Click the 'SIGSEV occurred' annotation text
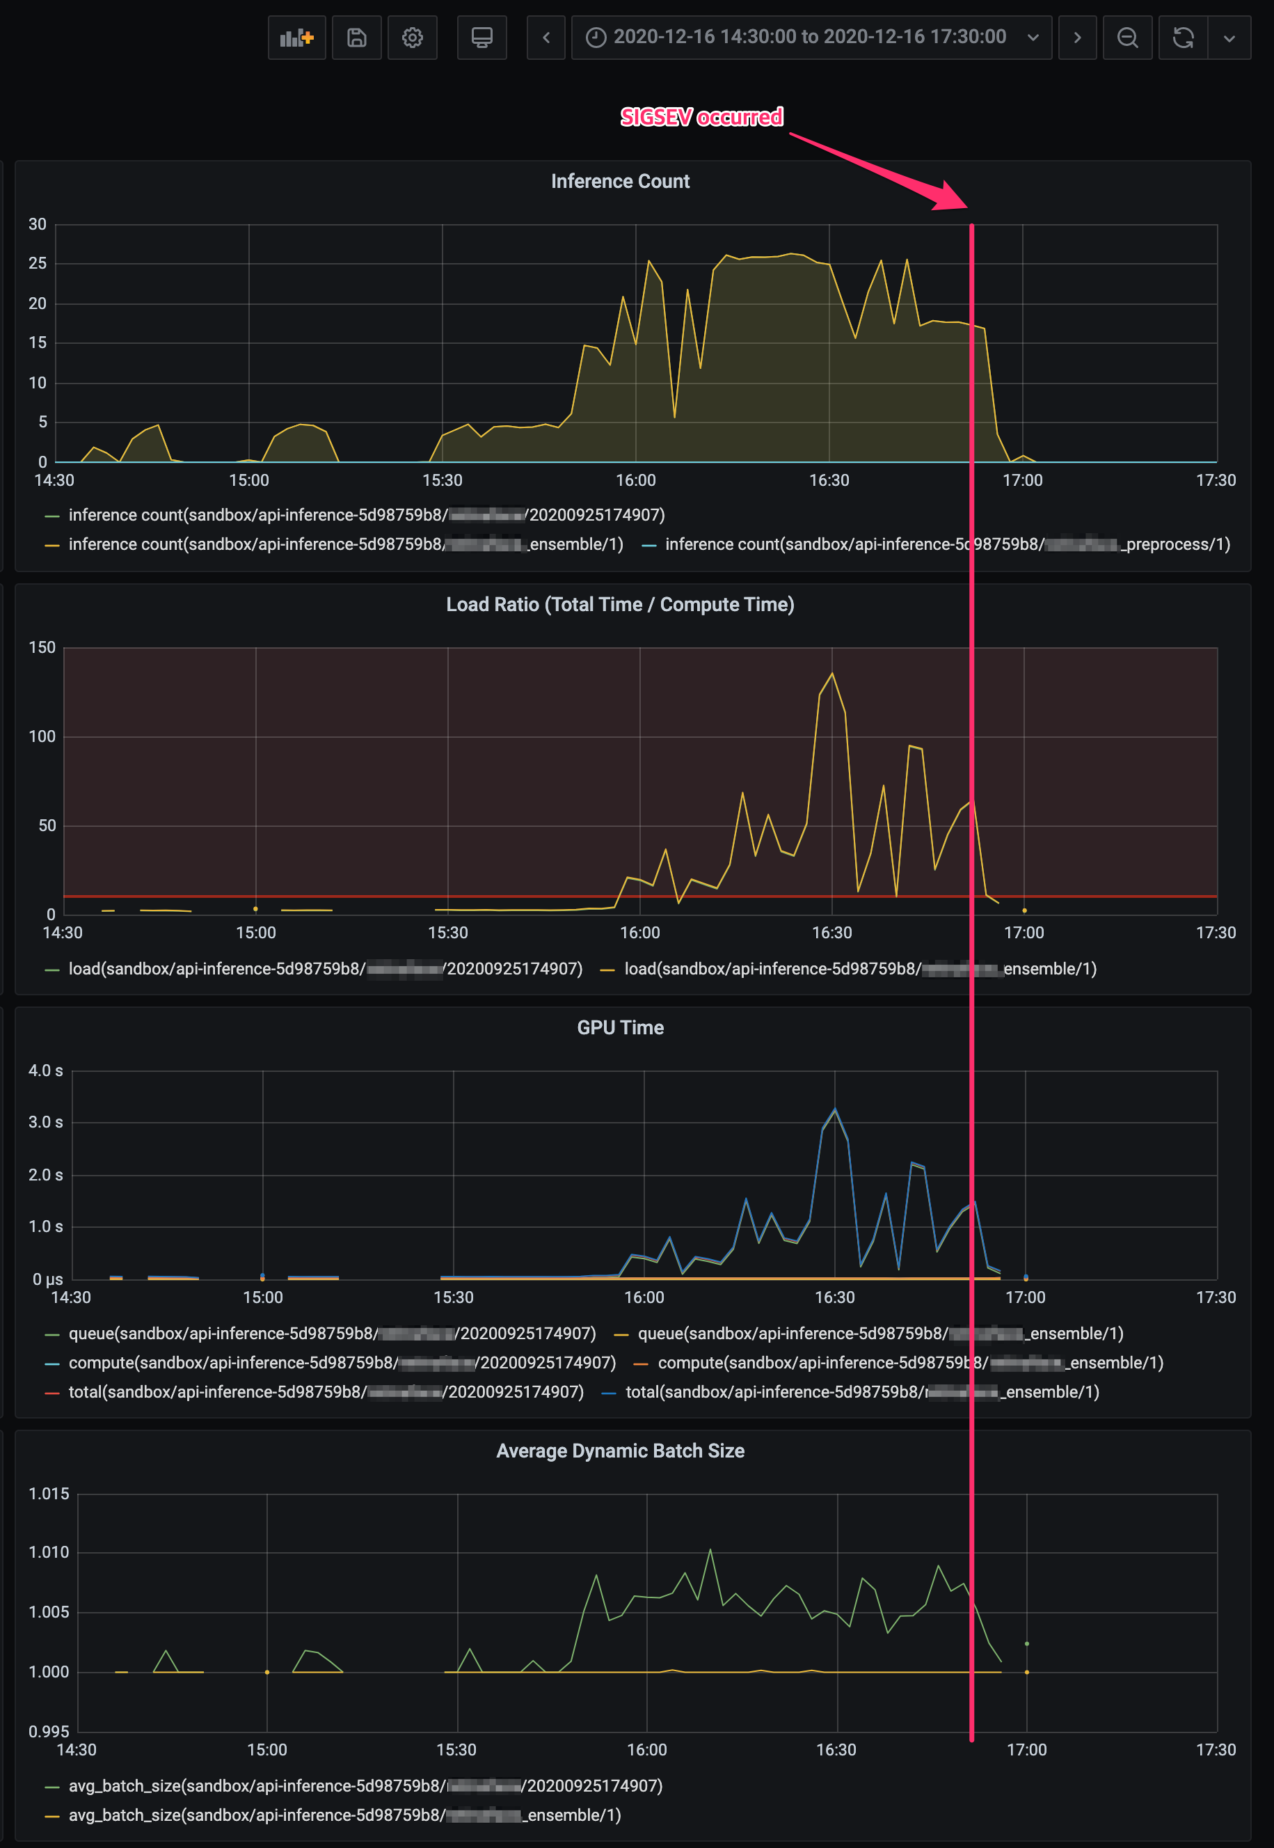pyautogui.click(x=701, y=118)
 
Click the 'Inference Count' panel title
pyautogui.click(x=619, y=181)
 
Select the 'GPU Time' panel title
pyautogui.click(x=619, y=1027)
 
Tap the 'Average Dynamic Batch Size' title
pyautogui.click(x=619, y=1451)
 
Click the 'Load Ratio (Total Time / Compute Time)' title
pyautogui.click(x=619, y=605)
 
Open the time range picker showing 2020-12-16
pyautogui.click(x=810, y=37)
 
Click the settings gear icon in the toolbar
pyautogui.click(x=412, y=37)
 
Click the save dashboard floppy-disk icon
pyautogui.click(x=356, y=37)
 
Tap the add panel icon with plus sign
pyautogui.click(x=296, y=37)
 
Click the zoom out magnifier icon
pyautogui.click(x=1126, y=37)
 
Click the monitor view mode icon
pyautogui.click(x=481, y=37)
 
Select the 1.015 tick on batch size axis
pyautogui.click(x=49, y=1494)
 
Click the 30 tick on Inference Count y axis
pyautogui.click(x=38, y=224)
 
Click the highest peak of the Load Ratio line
pyautogui.click(x=833, y=673)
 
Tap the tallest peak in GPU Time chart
pyautogui.click(x=835, y=1109)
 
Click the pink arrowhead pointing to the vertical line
pyautogui.click(x=952, y=196)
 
